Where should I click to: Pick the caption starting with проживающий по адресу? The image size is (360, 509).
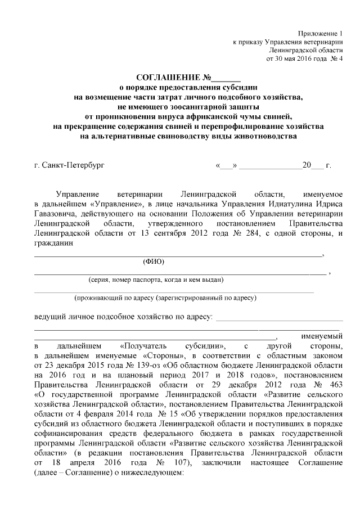point(166,298)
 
